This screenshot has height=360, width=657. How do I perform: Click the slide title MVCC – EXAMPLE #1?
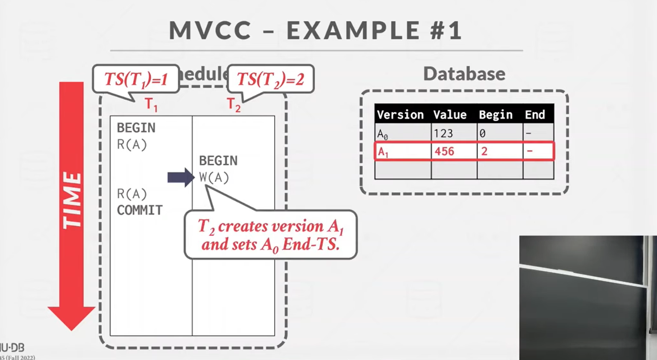coord(316,30)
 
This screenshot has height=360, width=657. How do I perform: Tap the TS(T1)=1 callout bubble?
coord(136,79)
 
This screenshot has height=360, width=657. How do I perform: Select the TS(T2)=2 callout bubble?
coord(270,79)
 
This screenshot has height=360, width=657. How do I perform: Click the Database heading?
coord(464,73)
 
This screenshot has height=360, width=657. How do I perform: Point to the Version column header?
coord(400,114)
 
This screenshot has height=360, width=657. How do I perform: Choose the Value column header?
coord(450,114)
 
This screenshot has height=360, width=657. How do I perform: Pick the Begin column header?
coord(496,114)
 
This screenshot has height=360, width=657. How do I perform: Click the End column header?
coord(535,114)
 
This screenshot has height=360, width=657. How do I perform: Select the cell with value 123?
coord(443,134)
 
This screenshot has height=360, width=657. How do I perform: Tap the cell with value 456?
coord(444,152)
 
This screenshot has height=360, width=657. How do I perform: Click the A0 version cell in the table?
coord(383,134)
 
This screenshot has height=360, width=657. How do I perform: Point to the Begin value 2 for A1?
coord(484,152)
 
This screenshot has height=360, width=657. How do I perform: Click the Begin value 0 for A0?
coord(482,134)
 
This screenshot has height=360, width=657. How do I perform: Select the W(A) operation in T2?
coord(214,178)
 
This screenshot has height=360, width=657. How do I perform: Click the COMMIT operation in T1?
coord(140,210)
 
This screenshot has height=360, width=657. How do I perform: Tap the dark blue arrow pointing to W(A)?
coord(180,177)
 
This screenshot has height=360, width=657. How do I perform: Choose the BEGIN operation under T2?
coord(218,161)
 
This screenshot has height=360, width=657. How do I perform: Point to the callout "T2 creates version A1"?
coord(270,234)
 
